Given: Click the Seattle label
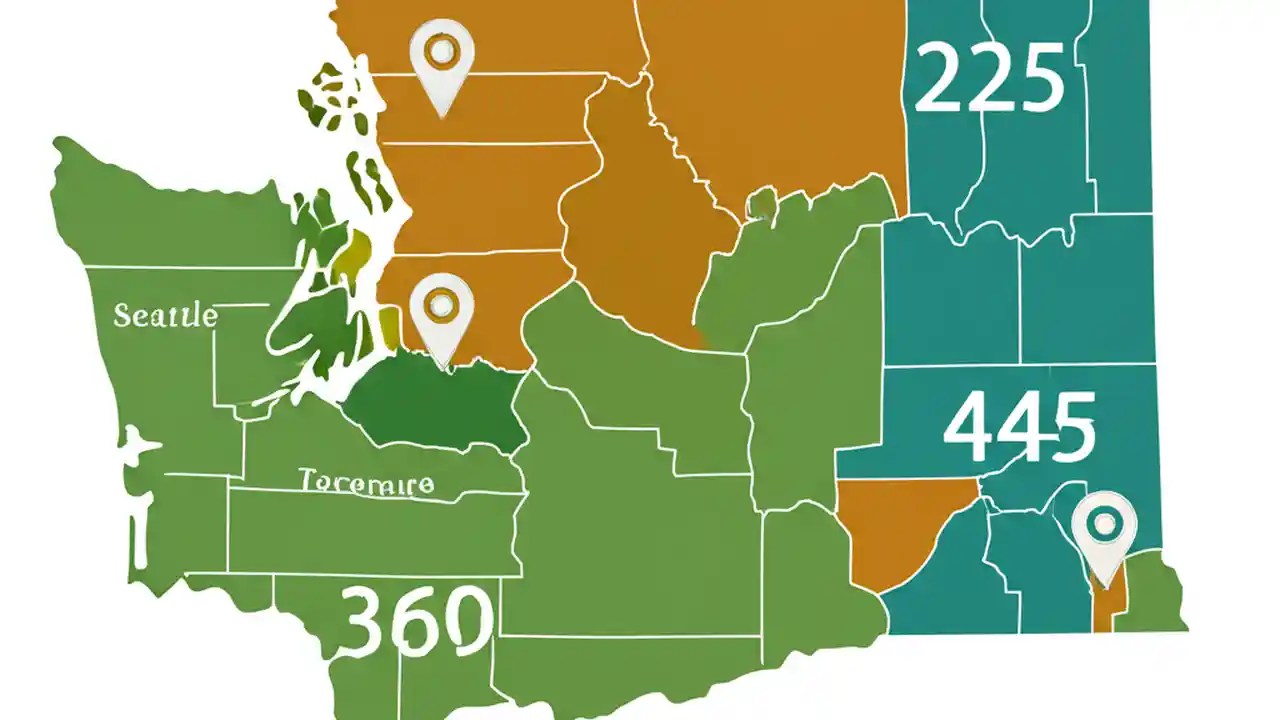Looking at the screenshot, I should (x=165, y=316).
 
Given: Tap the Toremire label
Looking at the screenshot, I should (x=367, y=484).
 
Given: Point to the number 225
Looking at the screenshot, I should (x=988, y=80).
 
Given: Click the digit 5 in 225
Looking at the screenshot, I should (x=1040, y=80).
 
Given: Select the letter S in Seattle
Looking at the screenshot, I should (x=122, y=316).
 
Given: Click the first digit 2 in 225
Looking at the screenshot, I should (x=936, y=80).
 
